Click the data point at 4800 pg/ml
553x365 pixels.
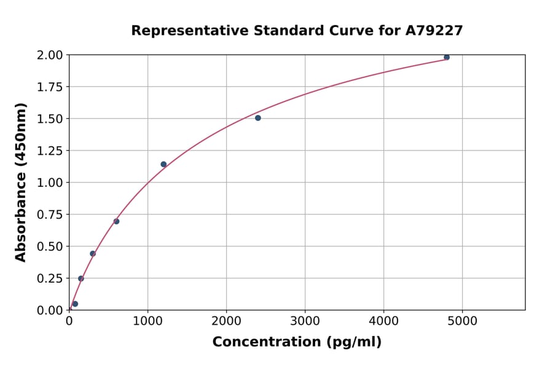click(x=447, y=57)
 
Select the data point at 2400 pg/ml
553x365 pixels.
click(x=258, y=118)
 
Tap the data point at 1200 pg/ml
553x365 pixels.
click(x=163, y=164)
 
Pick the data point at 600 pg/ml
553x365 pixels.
click(x=116, y=221)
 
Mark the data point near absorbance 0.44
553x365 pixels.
click(x=93, y=254)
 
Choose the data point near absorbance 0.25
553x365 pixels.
click(x=80, y=278)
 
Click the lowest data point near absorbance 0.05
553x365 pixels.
click(x=75, y=304)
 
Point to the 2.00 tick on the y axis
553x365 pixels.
click(x=50, y=55)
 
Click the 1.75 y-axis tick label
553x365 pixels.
click(x=50, y=87)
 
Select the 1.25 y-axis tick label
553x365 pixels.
click(x=50, y=151)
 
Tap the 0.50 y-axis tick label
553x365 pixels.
click(x=50, y=246)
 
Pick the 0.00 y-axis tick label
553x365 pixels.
click(x=50, y=310)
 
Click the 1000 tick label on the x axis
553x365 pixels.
click(x=147, y=321)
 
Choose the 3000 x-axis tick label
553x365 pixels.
click(x=305, y=321)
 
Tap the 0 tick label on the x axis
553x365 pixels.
click(x=69, y=321)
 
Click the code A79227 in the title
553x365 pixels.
click(x=433, y=31)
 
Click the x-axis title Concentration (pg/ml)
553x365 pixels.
click(x=297, y=342)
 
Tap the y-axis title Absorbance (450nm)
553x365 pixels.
click(x=21, y=182)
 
